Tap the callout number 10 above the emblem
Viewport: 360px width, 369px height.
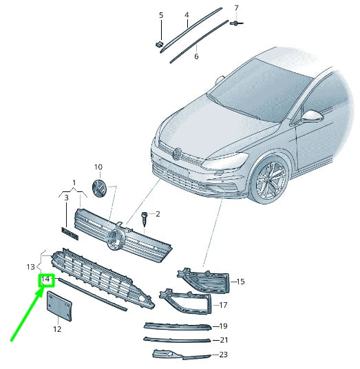[x=98, y=167]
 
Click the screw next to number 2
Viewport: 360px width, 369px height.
[x=145, y=218]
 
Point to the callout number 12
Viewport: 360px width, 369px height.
[x=56, y=330]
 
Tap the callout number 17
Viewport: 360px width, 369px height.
[x=222, y=304]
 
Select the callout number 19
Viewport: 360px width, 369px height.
[x=223, y=326]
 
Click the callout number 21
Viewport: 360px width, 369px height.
[x=223, y=340]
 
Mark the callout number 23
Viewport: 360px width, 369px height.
[x=223, y=355]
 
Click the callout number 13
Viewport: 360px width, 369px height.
[x=30, y=266]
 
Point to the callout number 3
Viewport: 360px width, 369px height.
[x=66, y=198]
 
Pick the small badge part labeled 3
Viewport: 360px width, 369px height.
[x=70, y=233]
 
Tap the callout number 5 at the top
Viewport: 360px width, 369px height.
[x=161, y=14]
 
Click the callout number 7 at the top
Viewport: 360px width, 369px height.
[x=236, y=8]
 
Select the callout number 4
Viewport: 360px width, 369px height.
[x=186, y=14]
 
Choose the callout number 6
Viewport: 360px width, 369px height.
[x=196, y=56]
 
